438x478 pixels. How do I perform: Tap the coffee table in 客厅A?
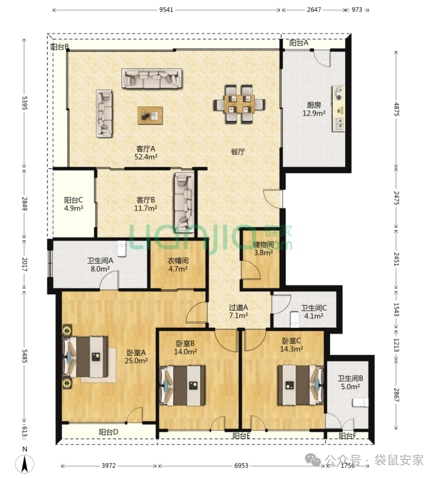[150, 115]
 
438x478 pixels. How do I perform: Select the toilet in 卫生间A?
[121, 249]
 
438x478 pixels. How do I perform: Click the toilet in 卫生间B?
[360, 402]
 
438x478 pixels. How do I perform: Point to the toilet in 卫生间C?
[294, 318]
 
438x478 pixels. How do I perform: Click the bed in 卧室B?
[182, 386]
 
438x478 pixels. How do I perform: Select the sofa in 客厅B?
[184, 203]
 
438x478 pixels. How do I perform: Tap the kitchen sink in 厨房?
[338, 124]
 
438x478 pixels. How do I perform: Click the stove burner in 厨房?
[338, 93]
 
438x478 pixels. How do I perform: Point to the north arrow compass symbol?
[25, 464]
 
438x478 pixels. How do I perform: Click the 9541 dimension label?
[166, 10]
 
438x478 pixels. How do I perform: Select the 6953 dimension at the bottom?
[241, 465]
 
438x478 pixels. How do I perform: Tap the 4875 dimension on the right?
[396, 109]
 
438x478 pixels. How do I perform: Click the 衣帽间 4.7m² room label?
[178, 265]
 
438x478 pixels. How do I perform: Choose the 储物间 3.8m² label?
[263, 248]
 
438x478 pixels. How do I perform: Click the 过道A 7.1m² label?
[239, 311]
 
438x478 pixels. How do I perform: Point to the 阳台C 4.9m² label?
[73, 204]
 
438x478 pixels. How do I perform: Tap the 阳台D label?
[108, 432]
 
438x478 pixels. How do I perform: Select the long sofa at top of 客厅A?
[152, 79]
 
